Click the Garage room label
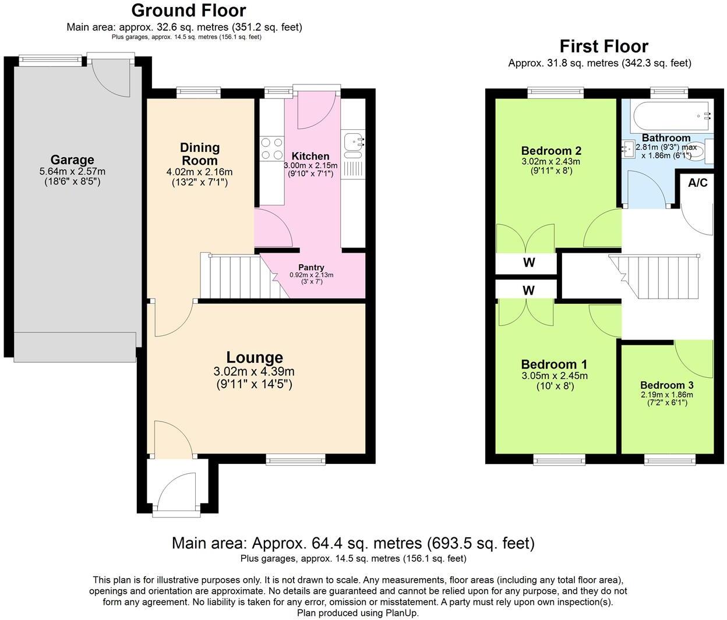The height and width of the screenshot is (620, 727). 72,160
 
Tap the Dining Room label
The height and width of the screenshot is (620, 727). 199,154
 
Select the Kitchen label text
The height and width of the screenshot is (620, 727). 310,156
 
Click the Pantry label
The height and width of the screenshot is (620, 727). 311,267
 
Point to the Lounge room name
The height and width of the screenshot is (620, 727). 255,357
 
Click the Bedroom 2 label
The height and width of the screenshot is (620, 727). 551,150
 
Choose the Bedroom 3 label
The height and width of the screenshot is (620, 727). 666,385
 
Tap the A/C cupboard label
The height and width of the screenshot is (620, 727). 697,183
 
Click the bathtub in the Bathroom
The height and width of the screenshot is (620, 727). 670,116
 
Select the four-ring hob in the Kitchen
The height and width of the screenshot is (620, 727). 271,148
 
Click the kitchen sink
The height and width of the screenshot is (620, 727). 354,140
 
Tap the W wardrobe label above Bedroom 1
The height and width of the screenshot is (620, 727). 528,289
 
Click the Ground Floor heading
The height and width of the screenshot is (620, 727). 188,10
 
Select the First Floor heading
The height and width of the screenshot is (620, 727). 604,46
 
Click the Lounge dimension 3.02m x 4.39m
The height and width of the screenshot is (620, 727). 254,372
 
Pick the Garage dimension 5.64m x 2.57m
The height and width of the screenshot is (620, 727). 72,171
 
